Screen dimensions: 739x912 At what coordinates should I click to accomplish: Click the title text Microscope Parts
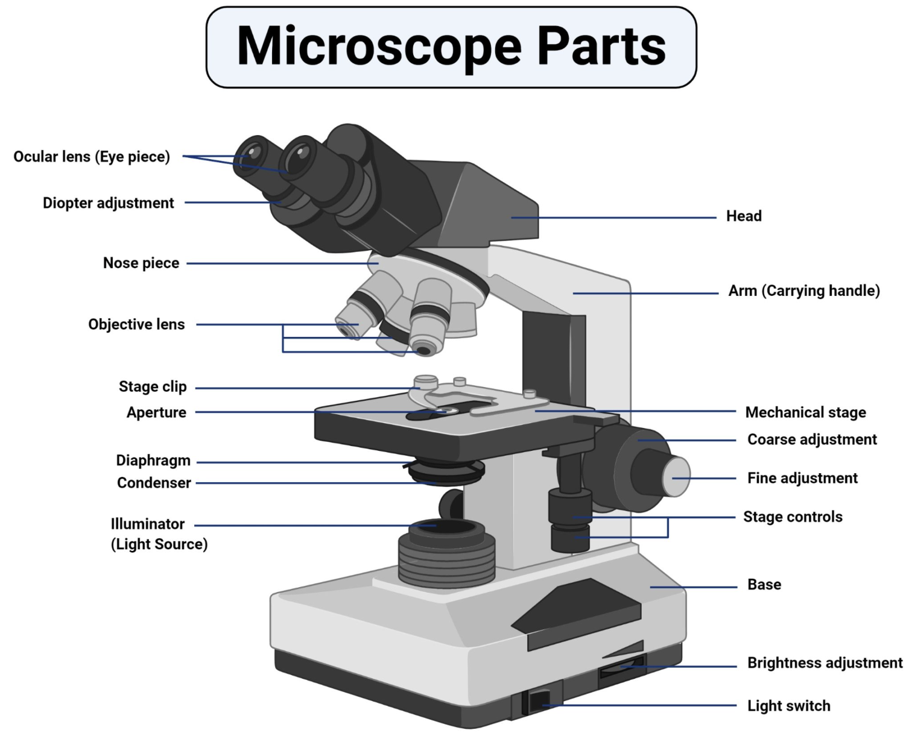(451, 46)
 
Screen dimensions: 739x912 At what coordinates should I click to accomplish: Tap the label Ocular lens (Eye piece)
(92, 157)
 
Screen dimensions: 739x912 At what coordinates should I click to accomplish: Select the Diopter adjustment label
(108, 203)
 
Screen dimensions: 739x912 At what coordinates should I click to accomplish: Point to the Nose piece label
(141, 263)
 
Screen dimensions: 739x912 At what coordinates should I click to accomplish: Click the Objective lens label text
(136, 324)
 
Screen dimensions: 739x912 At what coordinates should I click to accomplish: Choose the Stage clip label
(153, 386)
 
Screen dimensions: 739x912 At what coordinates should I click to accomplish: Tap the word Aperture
(156, 412)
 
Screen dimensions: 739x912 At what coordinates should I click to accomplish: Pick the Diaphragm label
(153, 461)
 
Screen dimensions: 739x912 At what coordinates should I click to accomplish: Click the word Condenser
(154, 483)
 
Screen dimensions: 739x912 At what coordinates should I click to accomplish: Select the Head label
(744, 216)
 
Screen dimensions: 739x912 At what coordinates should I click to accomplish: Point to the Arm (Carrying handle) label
(804, 291)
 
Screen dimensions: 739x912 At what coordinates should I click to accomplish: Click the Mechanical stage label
(805, 412)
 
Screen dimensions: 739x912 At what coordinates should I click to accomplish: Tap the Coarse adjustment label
(812, 439)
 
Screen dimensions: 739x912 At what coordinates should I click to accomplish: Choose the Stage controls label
(793, 517)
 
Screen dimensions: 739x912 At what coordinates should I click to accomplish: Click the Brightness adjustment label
(825, 663)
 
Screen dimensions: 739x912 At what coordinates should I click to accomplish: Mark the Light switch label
(788, 706)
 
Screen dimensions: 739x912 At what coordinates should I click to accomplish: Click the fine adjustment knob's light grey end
(677, 477)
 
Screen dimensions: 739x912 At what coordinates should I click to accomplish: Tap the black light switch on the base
(539, 701)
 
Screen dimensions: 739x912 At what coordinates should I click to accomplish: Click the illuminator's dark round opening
(447, 527)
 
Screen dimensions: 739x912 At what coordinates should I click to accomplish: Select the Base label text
(764, 585)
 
